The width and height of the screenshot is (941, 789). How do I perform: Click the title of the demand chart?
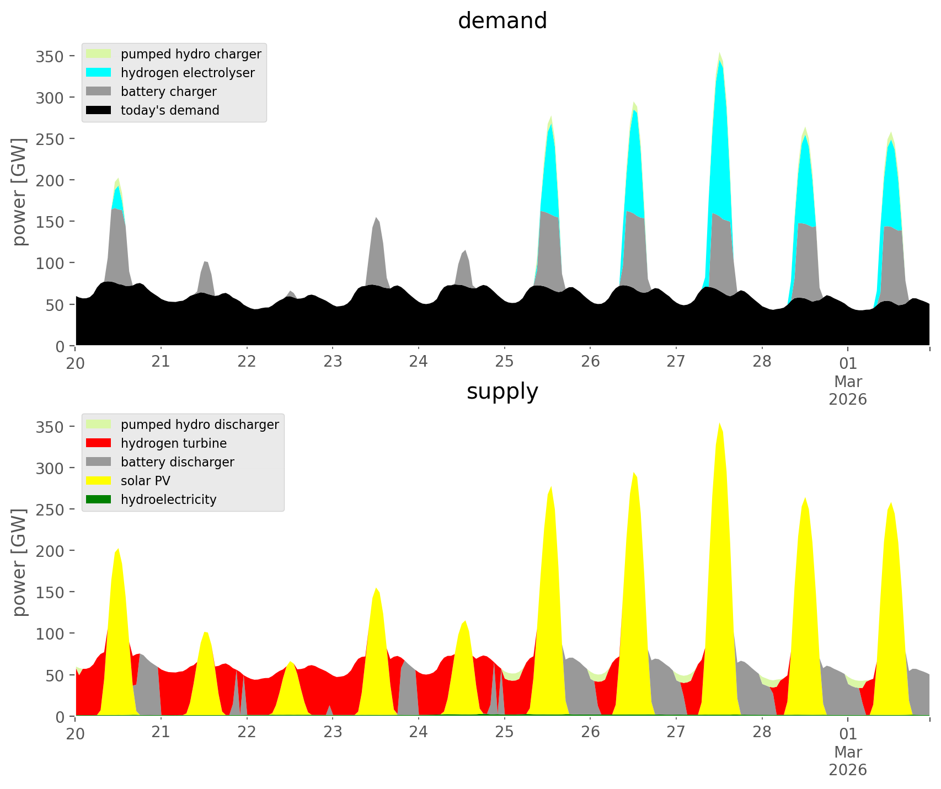pyautogui.click(x=502, y=21)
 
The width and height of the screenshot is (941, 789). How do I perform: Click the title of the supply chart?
pyautogui.click(x=502, y=391)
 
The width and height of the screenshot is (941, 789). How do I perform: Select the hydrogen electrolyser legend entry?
pyautogui.click(x=188, y=73)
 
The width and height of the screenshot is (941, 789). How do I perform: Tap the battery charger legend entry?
pyautogui.click(x=168, y=92)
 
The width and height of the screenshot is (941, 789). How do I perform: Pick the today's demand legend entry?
pyautogui.click(x=170, y=110)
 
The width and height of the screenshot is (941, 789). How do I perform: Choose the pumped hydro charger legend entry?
pyautogui.click(x=191, y=54)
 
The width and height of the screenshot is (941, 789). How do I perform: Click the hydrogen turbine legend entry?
pyautogui.click(x=174, y=443)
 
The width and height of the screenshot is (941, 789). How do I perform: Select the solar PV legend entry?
pyautogui.click(x=146, y=481)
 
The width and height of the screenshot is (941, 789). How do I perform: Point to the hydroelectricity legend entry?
pyautogui.click(x=168, y=500)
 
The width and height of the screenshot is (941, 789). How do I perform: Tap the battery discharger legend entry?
pyautogui.click(x=177, y=462)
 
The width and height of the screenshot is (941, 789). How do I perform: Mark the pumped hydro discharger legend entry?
pyautogui.click(x=200, y=425)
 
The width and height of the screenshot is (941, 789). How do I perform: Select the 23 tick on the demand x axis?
pyautogui.click(x=333, y=362)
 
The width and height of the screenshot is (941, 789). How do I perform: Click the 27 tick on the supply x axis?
pyautogui.click(x=676, y=733)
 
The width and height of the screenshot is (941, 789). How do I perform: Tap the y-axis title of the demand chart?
pyautogui.click(x=20, y=192)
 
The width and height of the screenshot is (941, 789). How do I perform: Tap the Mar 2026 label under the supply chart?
pyautogui.click(x=848, y=760)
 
